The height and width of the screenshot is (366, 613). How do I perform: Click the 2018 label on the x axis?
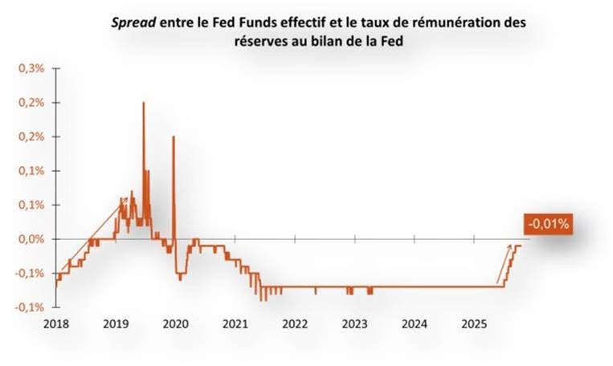tap(56, 324)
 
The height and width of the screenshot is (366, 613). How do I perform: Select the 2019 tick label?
tap(116, 324)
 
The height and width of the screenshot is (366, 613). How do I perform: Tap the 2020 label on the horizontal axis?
tap(175, 324)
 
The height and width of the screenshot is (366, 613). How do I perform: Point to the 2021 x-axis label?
tap(235, 324)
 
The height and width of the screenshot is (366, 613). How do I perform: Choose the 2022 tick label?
tap(295, 324)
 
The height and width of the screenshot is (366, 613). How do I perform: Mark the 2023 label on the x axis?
tap(354, 324)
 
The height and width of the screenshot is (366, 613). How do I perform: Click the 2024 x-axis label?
tap(414, 324)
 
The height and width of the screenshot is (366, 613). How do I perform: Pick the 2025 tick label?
tap(474, 324)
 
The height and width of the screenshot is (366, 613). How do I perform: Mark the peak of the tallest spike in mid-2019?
tap(143, 103)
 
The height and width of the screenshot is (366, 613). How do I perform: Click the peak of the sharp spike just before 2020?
tap(173, 136)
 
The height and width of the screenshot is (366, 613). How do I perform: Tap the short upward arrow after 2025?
tap(504, 265)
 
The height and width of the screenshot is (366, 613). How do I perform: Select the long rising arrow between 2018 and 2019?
tap(92, 233)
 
